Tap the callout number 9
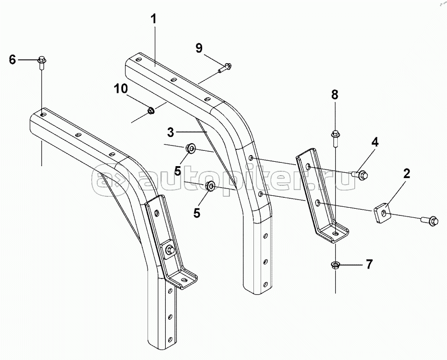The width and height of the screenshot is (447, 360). point(199,48)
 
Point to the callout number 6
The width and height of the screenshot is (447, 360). point(12,59)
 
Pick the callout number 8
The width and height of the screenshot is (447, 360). point(335,95)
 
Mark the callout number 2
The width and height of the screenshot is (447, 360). point(406,174)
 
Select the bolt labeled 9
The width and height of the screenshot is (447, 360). point(224,67)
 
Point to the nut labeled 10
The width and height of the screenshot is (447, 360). point(150,111)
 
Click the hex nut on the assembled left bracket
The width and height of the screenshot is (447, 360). point(169,249)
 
